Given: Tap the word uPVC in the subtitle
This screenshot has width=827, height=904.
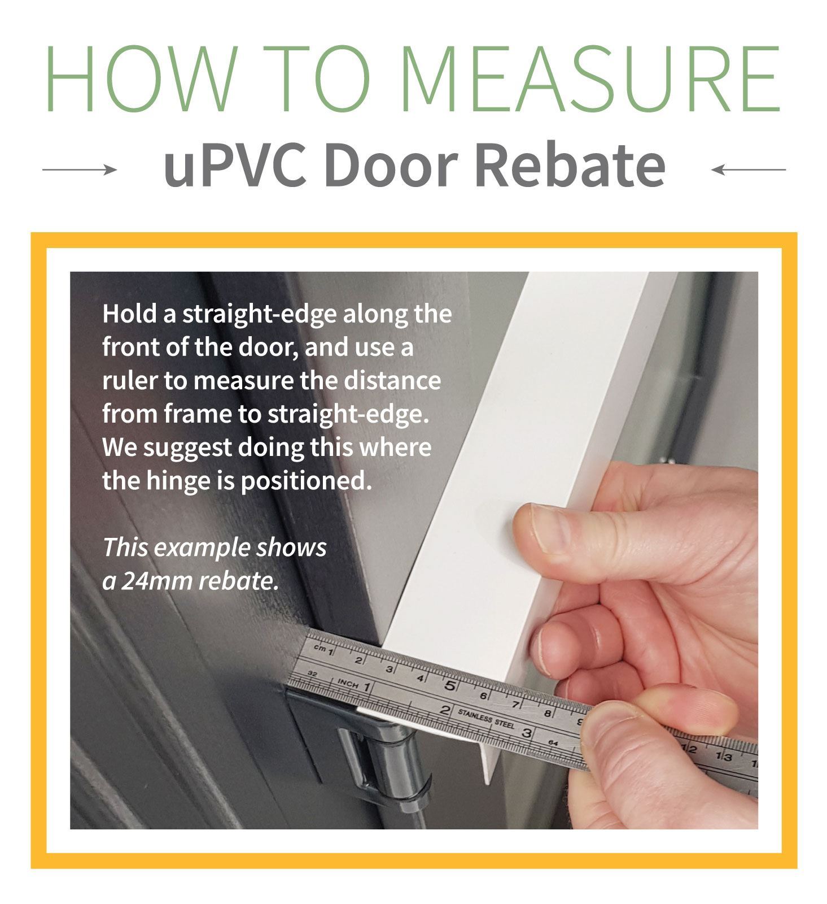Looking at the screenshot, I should pos(235,164).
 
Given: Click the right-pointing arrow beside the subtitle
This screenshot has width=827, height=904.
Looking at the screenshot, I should pos(80,169).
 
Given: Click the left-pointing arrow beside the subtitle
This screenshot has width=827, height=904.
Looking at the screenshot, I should pos(748,169).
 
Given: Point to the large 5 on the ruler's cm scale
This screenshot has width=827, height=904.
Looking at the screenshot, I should pos(450,686).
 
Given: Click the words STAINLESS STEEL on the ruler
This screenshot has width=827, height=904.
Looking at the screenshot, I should pos(486,718).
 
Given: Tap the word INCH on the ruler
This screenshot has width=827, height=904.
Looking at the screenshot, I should pos(348,684).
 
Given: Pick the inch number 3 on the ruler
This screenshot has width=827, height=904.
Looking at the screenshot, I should pos(527,733).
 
